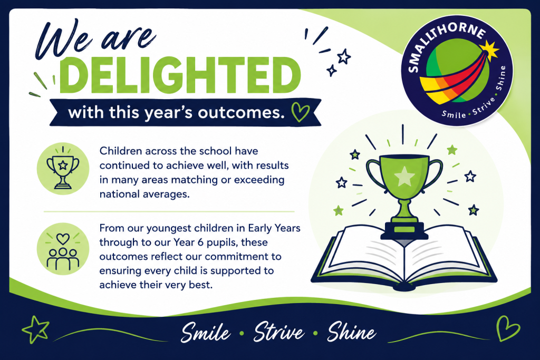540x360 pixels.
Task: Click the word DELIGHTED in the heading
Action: pos(180,75)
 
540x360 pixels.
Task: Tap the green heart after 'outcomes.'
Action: pos(300,112)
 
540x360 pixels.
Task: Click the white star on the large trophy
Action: pos(404,176)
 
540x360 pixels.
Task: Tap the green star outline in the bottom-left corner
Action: pos(35,329)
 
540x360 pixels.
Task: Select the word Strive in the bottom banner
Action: pos(278,332)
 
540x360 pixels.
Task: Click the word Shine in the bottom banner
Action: pos(351,332)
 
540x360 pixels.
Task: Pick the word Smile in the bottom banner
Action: pos(206,333)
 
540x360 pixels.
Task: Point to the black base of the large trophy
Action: pos(404,230)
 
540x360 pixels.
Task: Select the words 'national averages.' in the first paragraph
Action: pos(144,194)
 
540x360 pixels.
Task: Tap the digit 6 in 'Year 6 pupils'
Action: pos(200,242)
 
